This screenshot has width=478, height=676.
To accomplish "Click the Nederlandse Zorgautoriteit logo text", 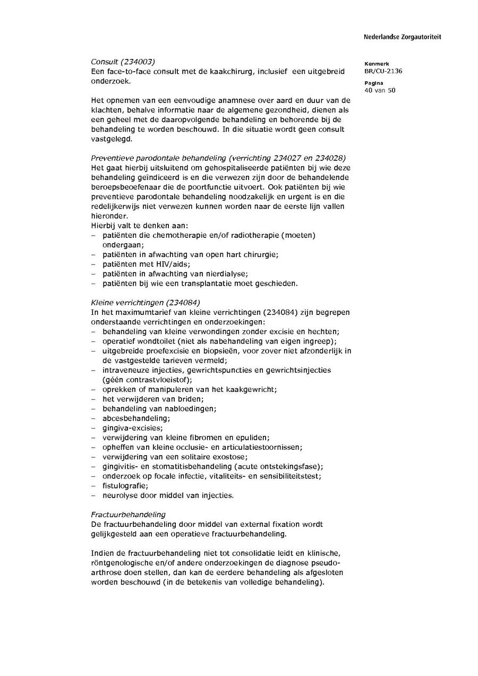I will click(x=402, y=37).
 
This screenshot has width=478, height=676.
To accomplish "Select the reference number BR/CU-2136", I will click(x=383, y=71).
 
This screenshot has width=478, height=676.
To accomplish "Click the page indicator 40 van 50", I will click(x=380, y=90).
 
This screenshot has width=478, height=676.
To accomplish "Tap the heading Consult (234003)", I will click(x=123, y=62).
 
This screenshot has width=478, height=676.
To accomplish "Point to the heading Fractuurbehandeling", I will click(x=128, y=514).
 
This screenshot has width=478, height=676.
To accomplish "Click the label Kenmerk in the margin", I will click(x=377, y=64).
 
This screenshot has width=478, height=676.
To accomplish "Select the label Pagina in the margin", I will click(x=374, y=83).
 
